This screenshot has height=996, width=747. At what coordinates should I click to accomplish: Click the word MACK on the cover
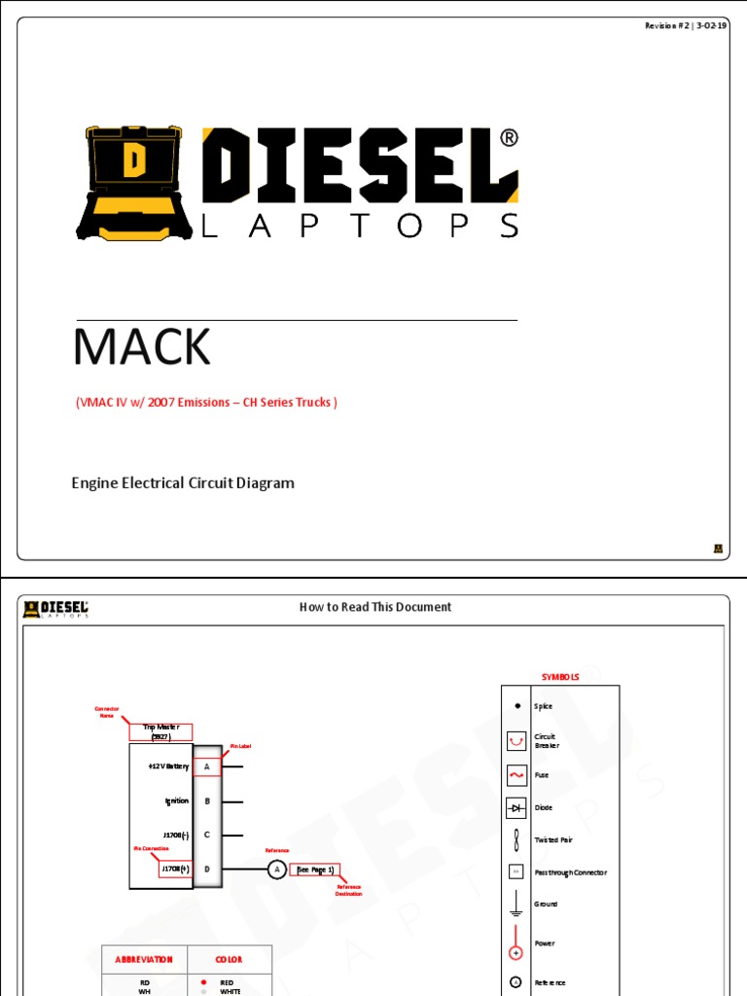[x=142, y=347]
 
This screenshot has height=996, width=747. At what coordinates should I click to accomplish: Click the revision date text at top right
[x=686, y=25]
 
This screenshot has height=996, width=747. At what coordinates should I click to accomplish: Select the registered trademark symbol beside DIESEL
[x=509, y=138]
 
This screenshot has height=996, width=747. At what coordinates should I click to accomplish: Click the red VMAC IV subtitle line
[x=206, y=402]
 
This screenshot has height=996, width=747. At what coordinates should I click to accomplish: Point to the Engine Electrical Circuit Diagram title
[x=183, y=482]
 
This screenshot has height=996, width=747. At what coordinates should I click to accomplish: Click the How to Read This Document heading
[x=374, y=607]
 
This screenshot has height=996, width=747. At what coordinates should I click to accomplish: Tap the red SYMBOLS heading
[x=560, y=677]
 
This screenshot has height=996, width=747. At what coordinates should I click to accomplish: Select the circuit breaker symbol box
[x=516, y=741]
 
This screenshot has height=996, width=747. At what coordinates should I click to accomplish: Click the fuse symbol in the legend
[x=516, y=775]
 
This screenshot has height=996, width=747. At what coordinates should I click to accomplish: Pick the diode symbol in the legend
[x=516, y=807]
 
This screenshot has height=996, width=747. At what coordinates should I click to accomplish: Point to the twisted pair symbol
[x=516, y=839]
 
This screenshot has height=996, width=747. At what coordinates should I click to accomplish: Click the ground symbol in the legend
[x=516, y=905]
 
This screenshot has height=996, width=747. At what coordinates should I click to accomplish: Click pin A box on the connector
[x=207, y=766]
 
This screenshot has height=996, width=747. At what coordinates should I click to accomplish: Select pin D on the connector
[x=207, y=869]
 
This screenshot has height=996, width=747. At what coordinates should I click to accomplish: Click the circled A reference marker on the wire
[x=276, y=870]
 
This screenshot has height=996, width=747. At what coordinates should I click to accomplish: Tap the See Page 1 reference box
[x=315, y=870]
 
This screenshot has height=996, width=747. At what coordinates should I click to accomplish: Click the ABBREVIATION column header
[x=144, y=960]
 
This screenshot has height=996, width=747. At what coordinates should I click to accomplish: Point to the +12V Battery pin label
[x=168, y=766]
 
